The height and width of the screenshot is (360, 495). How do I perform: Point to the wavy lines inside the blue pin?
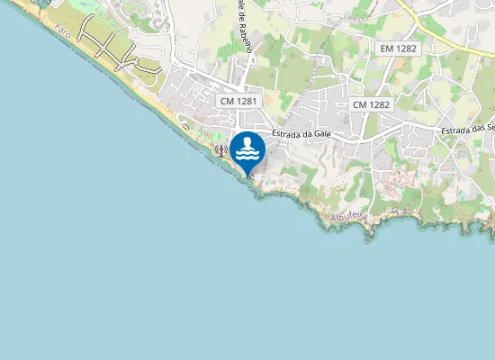click(x=247, y=155)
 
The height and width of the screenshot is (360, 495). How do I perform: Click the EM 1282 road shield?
click(x=398, y=48)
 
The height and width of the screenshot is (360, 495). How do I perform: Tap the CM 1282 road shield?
click(x=371, y=104)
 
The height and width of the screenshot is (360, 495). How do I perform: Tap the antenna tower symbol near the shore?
click(x=220, y=150)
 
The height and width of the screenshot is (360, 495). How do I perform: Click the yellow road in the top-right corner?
click(x=441, y=36)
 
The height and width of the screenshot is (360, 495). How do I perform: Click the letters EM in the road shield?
click(x=388, y=48)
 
